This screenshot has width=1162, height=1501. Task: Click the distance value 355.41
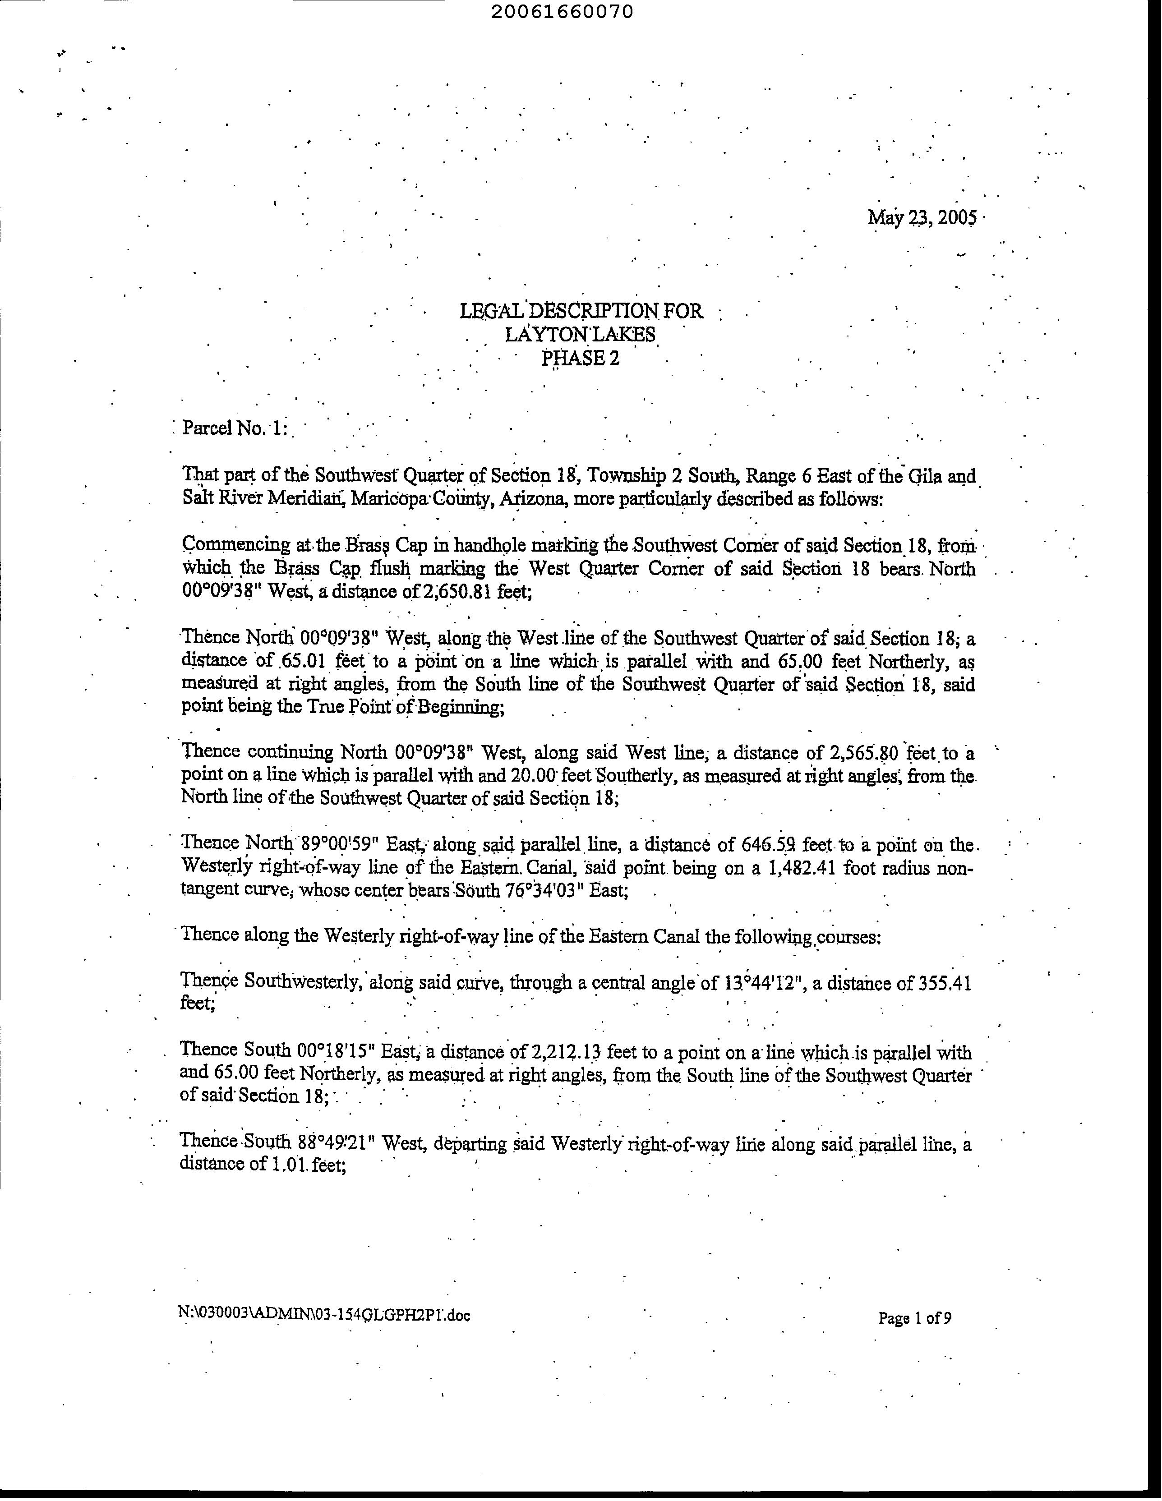click(x=945, y=983)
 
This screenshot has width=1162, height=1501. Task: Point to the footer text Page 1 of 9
click(x=915, y=1317)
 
